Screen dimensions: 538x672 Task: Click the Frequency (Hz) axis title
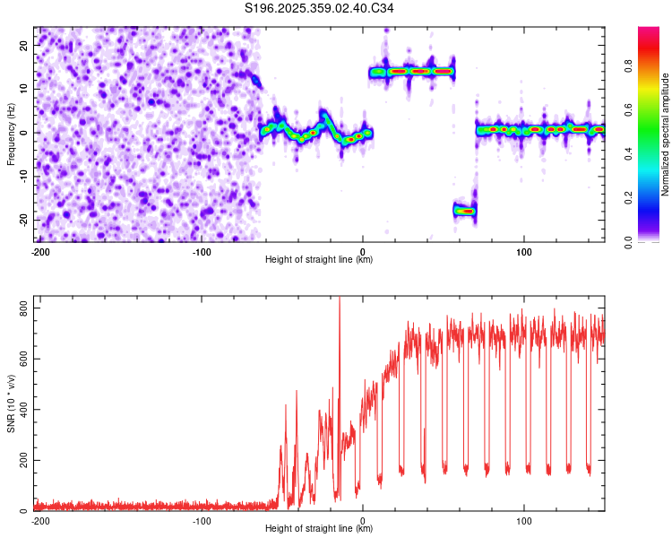pyautogui.click(x=11, y=134)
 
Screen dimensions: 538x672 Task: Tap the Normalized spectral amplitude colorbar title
pyautogui.click(x=666, y=134)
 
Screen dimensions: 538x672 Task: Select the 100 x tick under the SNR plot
pyautogui.click(x=524, y=520)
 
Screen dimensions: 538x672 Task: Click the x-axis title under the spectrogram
pyautogui.click(x=319, y=260)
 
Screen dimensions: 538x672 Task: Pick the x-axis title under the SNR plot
pyautogui.click(x=319, y=529)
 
